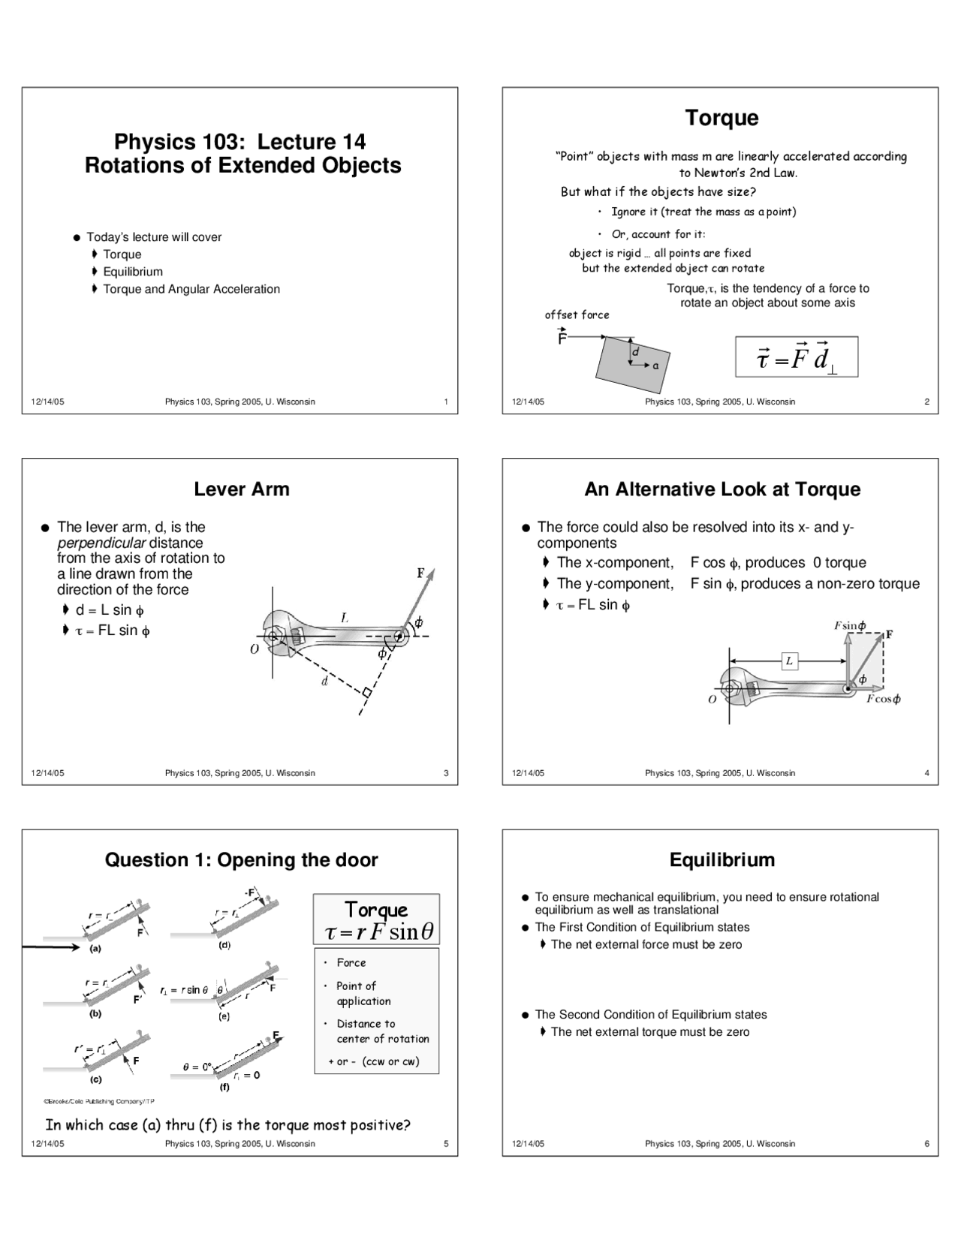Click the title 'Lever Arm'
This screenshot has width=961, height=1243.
click(x=241, y=489)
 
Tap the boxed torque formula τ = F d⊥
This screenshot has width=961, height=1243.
click(x=796, y=357)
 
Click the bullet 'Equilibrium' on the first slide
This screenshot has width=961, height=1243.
click(x=132, y=272)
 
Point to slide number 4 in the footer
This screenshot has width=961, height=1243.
click(x=926, y=773)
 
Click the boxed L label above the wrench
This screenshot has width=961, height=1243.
click(x=789, y=661)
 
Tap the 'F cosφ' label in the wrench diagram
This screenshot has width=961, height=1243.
click(x=883, y=699)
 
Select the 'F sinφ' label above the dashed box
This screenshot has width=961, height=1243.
click(x=850, y=625)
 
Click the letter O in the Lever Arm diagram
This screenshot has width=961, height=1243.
click(x=255, y=649)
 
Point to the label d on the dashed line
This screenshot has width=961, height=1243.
click(x=324, y=682)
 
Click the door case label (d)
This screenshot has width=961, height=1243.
click(x=224, y=945)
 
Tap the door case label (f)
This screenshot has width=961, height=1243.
click(x=224, y=1087)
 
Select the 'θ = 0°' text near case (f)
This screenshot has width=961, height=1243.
click(x=198, y=1067)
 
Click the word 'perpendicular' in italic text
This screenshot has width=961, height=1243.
click(x=101, y=543)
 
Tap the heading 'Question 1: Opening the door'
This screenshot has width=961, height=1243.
click(x=241, y=860)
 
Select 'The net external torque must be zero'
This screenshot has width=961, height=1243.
click(x=649, y=1032)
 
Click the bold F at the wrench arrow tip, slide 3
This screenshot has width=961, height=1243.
click(x=421, y=573)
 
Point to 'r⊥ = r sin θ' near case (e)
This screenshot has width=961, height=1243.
click(x=185, y=990)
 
